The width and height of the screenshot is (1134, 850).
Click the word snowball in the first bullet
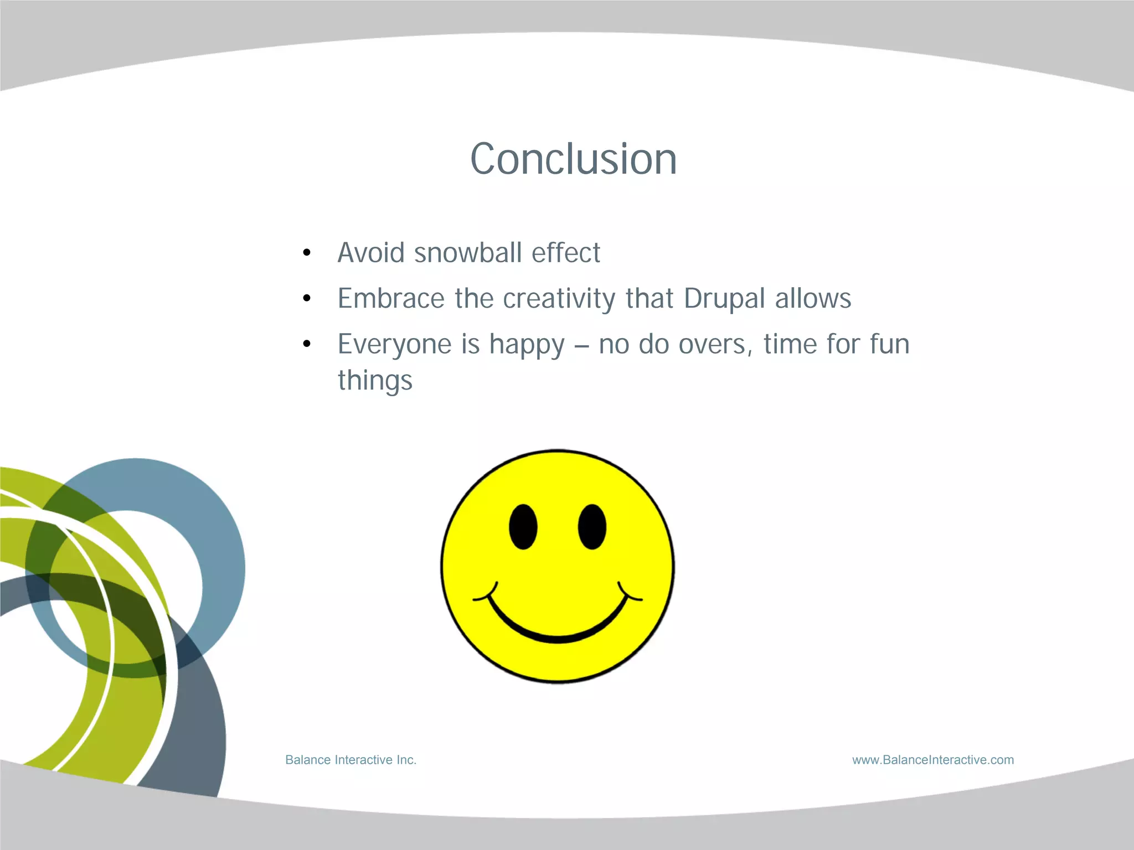pyautogui.click(x=468, y=253)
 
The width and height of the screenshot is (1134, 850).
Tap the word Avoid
pyautogui.click(x=371, y=253)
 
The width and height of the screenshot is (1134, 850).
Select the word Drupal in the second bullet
pyautogui.click(x=724, y=299)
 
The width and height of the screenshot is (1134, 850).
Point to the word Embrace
pyautogui.click(x=391, y=299)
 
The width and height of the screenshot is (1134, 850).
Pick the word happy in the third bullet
pyautogui.click(x=527, y=345)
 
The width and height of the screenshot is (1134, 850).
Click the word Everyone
pyautogui.click(x=394, y=345)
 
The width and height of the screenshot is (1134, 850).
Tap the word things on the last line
pyautogui.click(x=375, y=381)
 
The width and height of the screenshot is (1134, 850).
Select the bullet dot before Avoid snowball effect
pyautogui.click(x=307, y=253)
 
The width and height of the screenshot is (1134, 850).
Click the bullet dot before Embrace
pyautogui.click(x=307, y=299)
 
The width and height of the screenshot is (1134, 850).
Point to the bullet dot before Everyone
pyautogui.click(x=307, y=345)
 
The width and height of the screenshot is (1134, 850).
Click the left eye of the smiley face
pyautogui.click(x=523, y=526)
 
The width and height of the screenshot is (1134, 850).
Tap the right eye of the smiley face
pyautogui.click(x=592, y=526)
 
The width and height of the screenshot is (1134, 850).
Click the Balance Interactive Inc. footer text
pyautogui.click(x=350, y=760)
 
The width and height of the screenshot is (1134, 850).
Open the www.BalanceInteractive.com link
pyautogui.click(x=932, y=760)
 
